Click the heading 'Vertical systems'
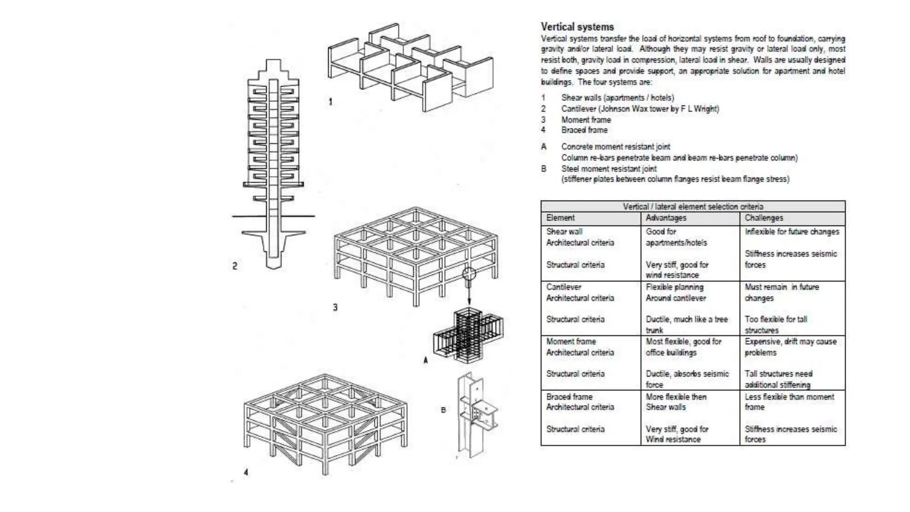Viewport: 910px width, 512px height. [577, 27]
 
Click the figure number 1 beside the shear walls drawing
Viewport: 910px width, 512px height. [330, 102]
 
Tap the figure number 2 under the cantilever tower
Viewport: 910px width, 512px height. [235, 266]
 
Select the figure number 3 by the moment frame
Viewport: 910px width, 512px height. [335, 307]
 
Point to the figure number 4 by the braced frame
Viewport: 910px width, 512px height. [246, 472]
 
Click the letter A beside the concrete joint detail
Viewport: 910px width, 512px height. [425, 360]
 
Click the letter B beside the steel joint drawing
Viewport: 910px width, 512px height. [443, 410]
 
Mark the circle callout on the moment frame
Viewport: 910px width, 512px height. [469, 274]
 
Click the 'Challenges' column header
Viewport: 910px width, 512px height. [764, 218]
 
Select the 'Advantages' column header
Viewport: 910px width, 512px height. [666, 218]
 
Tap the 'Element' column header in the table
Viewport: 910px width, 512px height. [560, 218]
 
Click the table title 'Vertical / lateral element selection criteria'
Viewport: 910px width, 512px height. [693, 207]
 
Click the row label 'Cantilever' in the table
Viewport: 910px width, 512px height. [563, 287]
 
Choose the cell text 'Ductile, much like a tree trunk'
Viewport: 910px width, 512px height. [686, 324]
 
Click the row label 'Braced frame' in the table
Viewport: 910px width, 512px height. [569, 396]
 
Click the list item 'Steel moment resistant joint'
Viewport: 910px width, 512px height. [609, 169]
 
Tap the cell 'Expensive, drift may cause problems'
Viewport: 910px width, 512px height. [790, 347]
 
